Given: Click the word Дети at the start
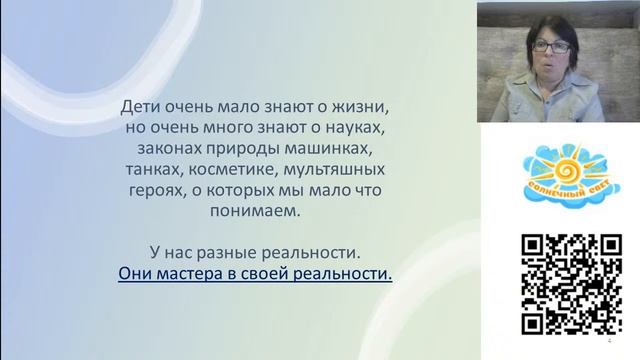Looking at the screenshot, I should tap(140, 104).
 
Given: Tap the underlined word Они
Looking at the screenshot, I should tap(135, 271).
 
